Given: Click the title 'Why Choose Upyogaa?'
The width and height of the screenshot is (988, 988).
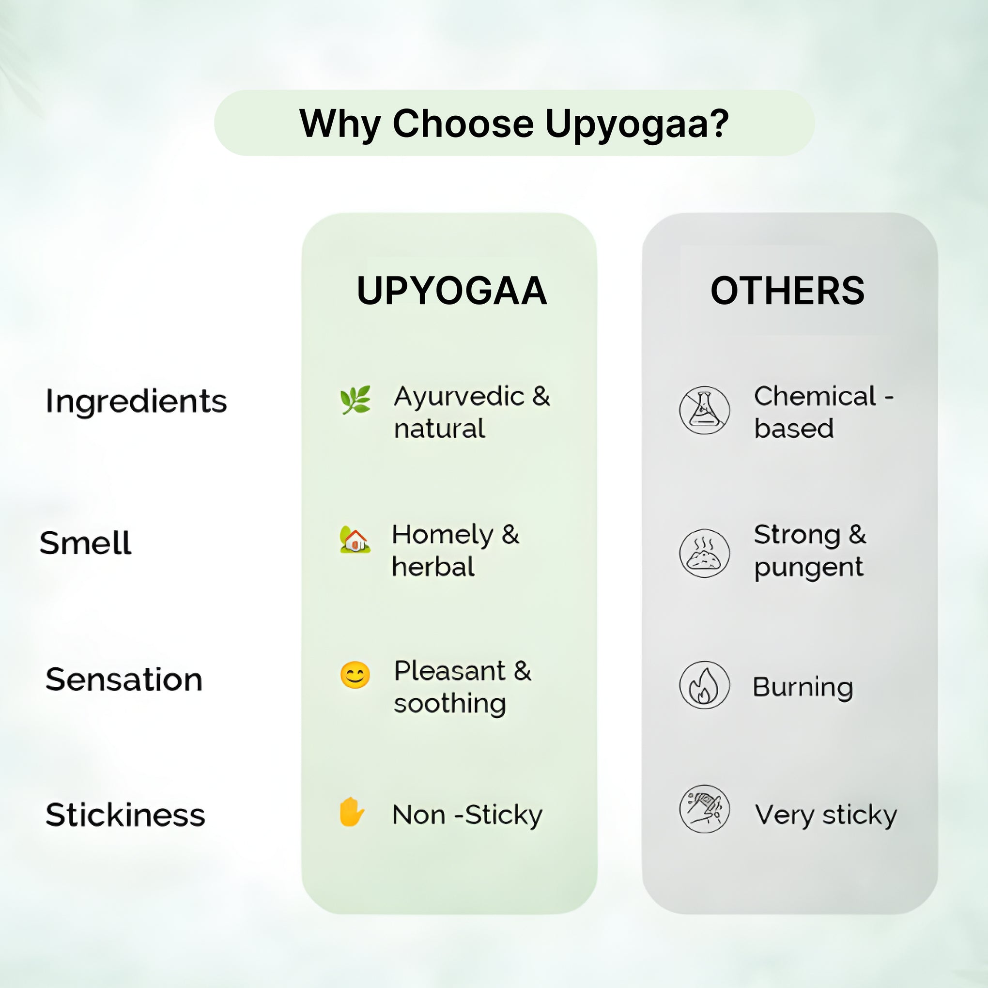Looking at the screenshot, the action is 513,124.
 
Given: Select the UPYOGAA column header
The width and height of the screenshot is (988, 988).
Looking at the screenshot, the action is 451,291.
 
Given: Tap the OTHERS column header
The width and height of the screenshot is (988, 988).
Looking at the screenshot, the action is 787,291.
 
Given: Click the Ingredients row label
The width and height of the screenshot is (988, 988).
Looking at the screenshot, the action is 136,402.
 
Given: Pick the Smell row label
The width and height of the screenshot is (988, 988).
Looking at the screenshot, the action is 85,542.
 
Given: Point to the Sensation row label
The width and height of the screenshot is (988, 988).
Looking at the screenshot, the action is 124,679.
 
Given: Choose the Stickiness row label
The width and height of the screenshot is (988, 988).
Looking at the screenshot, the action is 125,815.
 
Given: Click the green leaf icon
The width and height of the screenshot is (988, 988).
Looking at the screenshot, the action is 355,400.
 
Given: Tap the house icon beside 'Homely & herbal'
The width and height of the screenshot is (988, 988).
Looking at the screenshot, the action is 355,539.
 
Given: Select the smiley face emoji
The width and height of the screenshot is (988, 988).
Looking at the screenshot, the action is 355,675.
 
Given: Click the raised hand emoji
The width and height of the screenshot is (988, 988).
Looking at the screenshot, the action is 352,812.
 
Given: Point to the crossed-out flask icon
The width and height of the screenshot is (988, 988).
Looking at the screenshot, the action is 704,410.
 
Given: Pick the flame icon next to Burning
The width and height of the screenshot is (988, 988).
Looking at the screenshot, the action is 704,685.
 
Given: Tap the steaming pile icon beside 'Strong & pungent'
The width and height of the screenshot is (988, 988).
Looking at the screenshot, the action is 704,553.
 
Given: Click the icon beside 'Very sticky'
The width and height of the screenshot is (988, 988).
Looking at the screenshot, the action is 704,809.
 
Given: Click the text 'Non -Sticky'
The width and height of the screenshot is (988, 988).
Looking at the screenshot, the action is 467,815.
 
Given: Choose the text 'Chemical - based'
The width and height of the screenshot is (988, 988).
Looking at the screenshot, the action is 823,412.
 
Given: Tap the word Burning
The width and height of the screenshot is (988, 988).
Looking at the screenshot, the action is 803,687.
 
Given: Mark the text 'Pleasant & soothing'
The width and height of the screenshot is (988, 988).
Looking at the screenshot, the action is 463,687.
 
